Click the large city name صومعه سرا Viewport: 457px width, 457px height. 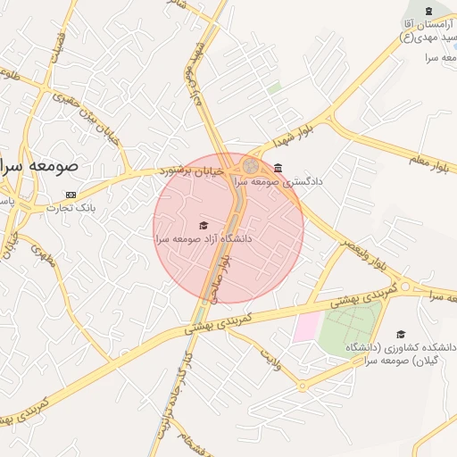pyautogui.click(x=39, y=166)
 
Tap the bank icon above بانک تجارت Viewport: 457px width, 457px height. pyautogui.click(x=71, y=195)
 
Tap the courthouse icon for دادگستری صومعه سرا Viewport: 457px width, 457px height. pyautogui.click(x=278, y=168)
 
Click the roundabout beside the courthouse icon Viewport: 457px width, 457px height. pyautogui.click(x=250, y=166)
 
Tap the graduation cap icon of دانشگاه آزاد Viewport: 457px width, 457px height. pyautogui.click(x=204, y=226)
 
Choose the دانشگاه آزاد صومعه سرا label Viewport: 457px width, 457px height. pyautogui.click(x=204, y=239)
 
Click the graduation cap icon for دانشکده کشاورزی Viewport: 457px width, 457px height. pyautogui.click(x=399, y=334)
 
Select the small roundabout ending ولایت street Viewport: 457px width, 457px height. pyautogui.click(x=302, y=386)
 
